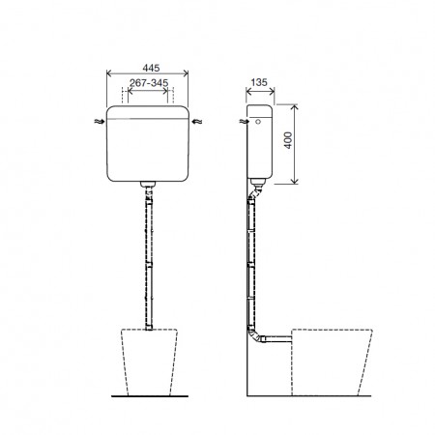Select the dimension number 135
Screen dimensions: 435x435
tap(256, 83)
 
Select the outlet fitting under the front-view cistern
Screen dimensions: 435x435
tap(148, 183)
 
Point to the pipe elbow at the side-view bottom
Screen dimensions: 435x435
tap(253, 338)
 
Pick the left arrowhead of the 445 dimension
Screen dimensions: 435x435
tap(107, 76)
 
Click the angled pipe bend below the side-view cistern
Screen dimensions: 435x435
tap(253, 193)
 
